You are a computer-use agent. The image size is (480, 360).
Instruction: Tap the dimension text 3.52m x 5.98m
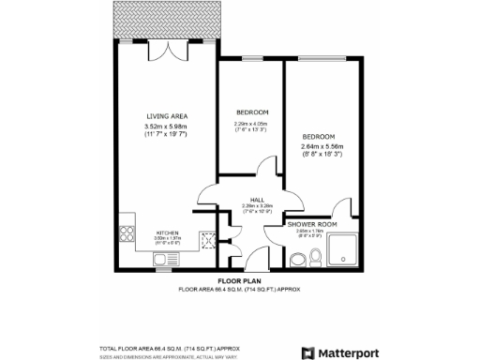(166, 127)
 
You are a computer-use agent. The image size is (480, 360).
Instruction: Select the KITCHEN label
(167, 232)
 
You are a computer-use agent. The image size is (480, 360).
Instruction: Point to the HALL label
(257, 200)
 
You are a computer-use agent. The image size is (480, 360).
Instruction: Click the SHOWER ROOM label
(312, 225)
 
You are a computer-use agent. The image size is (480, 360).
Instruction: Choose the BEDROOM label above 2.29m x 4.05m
(250, 112)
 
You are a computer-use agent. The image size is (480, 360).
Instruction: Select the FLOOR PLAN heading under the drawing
(238, 280)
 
